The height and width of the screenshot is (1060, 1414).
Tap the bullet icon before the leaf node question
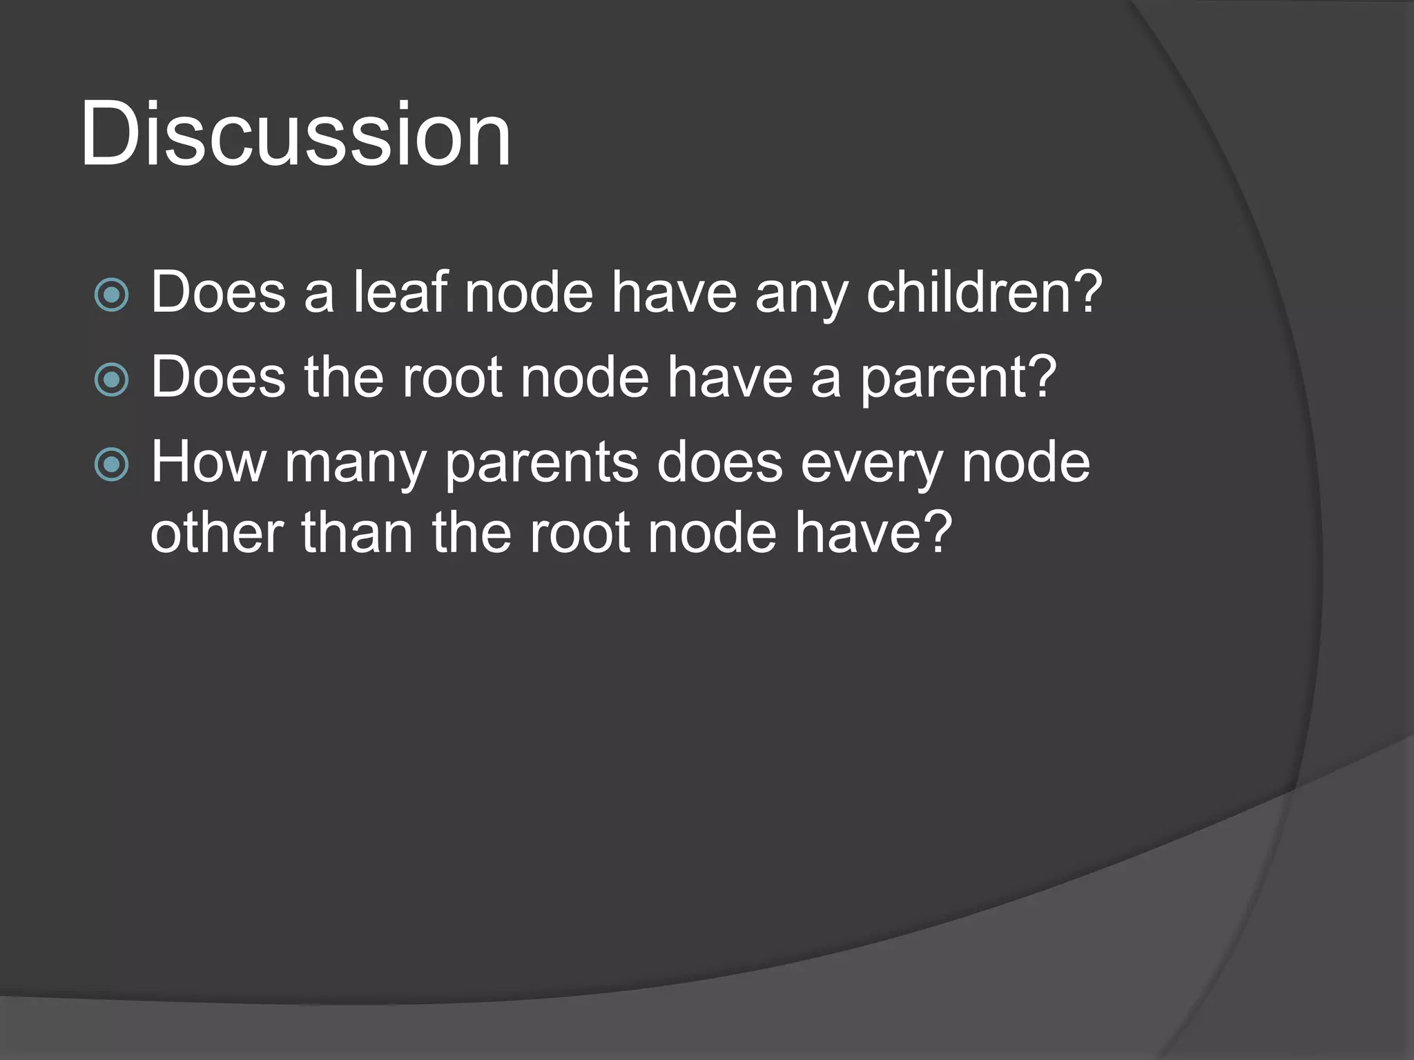coord(111,295)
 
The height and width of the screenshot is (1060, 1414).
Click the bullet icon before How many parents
coord(111,465)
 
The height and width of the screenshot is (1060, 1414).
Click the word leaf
coord(400,292)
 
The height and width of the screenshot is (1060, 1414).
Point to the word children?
coord(984,292)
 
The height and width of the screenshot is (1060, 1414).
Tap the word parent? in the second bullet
coord(958,379)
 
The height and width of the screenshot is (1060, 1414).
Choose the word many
coord(355,465)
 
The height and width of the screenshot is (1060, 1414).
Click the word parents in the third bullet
coord(541,465)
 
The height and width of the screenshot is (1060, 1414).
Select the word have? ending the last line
coord(873,533)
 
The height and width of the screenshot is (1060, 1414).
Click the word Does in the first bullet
coord(218,292)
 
